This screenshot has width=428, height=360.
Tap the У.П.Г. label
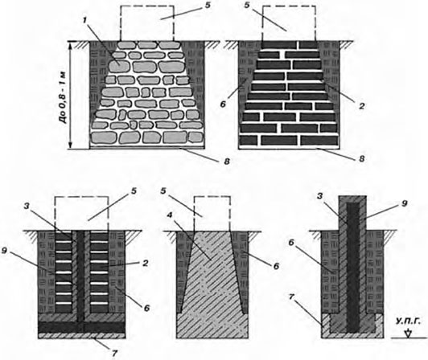point(409,322)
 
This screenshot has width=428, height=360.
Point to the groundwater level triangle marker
point(409,333)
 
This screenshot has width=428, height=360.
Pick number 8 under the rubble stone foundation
point(227,162)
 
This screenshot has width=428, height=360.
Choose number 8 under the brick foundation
point(362,158)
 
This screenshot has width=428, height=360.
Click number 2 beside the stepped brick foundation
point(361,105)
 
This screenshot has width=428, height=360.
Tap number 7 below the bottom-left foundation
point(114,354)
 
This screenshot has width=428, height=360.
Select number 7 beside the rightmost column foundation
point(291,297)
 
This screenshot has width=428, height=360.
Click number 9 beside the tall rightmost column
point(404,203)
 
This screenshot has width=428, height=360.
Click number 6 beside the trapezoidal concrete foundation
point(276,265)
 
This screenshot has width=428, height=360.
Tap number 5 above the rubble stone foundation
point(208,5)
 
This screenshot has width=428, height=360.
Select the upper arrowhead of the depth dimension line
point(71,46)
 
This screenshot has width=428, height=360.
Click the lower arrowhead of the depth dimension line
point(71,145)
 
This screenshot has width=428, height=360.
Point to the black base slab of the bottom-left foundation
point(81,327)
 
